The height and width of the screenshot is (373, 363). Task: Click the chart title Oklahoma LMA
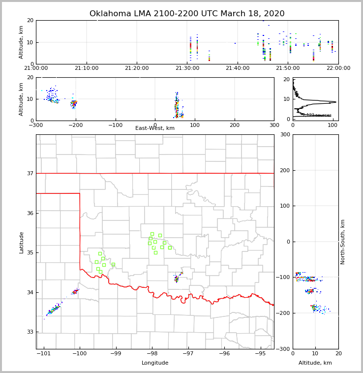[187, 14]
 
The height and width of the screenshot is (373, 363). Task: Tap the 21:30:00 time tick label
[187, 68]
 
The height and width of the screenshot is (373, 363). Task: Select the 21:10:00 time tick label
[87, 68]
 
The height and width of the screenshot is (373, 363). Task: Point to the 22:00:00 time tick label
[338, 68]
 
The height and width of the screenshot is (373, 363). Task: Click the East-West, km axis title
[155, 128]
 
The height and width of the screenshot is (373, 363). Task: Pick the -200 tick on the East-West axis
[76, 125]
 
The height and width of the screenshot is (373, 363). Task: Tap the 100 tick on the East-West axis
[195, 125]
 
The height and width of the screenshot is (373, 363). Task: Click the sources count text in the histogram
[317, 115]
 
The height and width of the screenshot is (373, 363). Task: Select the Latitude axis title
[22, 242]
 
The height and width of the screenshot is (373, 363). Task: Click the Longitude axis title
[155, 363]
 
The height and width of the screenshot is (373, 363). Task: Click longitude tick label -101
[44, 353]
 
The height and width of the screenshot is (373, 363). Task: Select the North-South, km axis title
[343, 242]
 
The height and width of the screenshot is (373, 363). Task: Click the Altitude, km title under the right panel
[315, 363]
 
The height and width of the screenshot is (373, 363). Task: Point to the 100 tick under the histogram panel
[333, 125]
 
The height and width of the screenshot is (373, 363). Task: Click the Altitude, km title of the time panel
[22, 42]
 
